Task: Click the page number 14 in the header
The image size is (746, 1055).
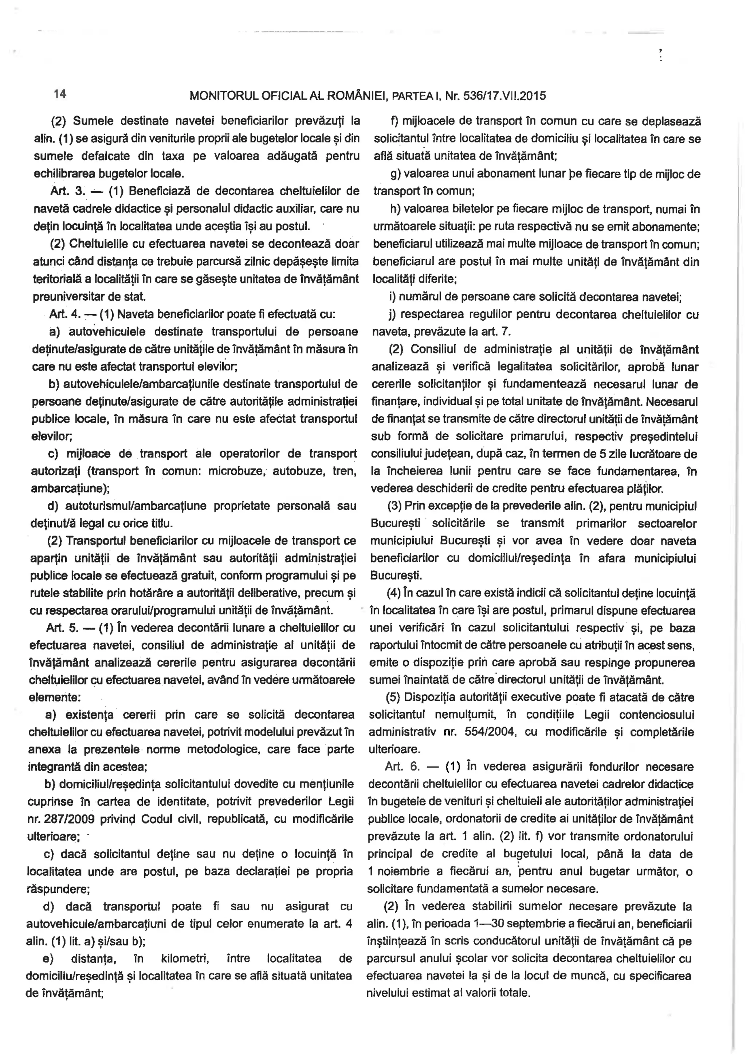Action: [x=60, y=94]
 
